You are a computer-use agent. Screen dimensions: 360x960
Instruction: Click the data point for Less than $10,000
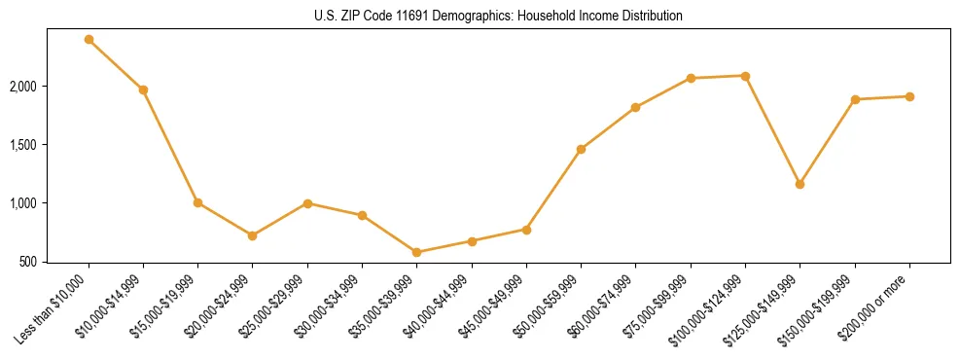[89, 40]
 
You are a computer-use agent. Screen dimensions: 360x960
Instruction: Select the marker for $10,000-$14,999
[143, 90]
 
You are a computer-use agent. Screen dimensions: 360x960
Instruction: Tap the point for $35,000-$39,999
[416, 252]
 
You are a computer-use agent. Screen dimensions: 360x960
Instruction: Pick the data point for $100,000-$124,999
[745, 76]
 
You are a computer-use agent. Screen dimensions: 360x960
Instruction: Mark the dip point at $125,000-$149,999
[800, 184]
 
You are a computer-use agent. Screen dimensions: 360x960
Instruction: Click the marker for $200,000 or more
[909, 96]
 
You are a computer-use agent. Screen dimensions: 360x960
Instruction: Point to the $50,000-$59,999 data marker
[581, 149]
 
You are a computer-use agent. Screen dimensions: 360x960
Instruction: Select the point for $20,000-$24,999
[252, 235]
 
